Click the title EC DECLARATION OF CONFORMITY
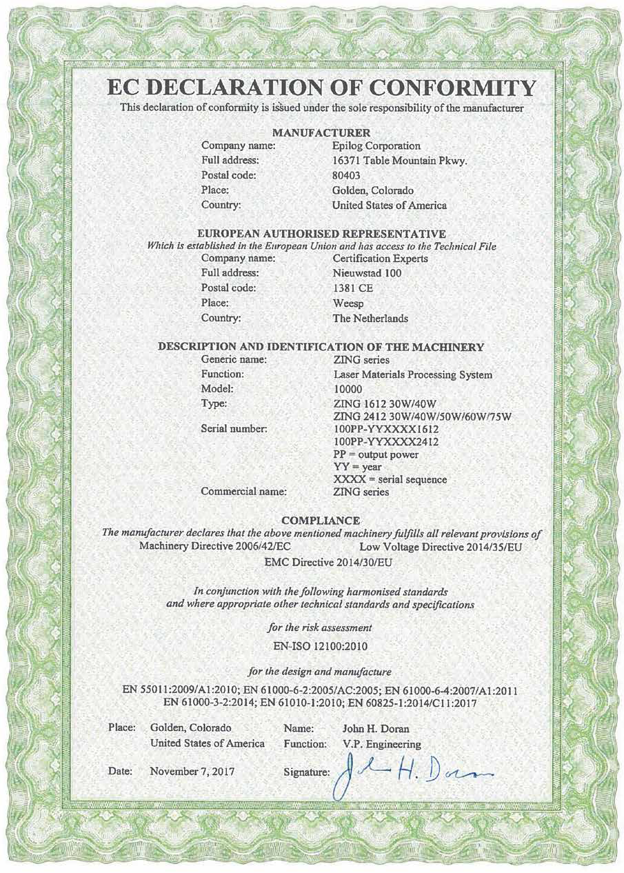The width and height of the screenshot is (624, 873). [321, 88]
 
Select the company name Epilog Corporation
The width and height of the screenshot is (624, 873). [376, 145]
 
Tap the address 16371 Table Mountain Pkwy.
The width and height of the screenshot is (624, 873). [400, 161]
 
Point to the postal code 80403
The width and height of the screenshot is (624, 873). [347, 175]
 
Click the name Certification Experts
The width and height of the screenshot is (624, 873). [380, 259]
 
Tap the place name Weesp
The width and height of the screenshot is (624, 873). [347, 303]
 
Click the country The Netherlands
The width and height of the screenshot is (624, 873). [370, 319]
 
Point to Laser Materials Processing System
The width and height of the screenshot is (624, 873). [412, 374]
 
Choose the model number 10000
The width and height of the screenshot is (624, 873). [348, 389]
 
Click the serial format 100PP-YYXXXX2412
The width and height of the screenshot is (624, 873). [386, 441]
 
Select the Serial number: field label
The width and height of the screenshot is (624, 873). [234, 429]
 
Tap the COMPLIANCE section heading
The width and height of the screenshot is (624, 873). [321, 519]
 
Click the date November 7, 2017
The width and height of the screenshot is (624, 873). [192, 772]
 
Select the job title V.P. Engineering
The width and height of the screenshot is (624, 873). [381, 745]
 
